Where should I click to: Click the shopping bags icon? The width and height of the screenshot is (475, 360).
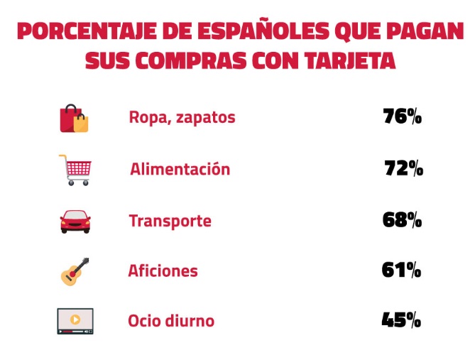pos(74,118)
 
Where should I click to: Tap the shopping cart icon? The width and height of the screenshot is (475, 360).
pos(75,170)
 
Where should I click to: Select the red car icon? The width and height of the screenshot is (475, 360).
pos(75,222)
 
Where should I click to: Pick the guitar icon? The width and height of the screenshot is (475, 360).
pos(75,271)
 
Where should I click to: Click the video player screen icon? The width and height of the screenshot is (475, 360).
pos(75,321)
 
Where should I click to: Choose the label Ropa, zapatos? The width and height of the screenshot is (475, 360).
pos(182,118)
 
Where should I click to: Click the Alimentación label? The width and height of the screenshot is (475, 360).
pos(180,170)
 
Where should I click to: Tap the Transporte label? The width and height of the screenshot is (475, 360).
pos(170,221)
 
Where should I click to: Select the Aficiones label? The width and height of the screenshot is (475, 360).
pos(163,271)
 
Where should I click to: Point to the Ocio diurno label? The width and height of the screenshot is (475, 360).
pos(170,321)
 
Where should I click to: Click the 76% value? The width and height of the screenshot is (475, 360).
pos(402,116)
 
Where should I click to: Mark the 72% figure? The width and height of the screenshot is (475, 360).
pos(403,169)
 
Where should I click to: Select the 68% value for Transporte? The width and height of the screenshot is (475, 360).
pos(402,220)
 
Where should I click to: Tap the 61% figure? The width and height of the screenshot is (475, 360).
pos(401,270)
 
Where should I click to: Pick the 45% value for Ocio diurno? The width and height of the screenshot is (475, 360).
pos(401,320)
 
